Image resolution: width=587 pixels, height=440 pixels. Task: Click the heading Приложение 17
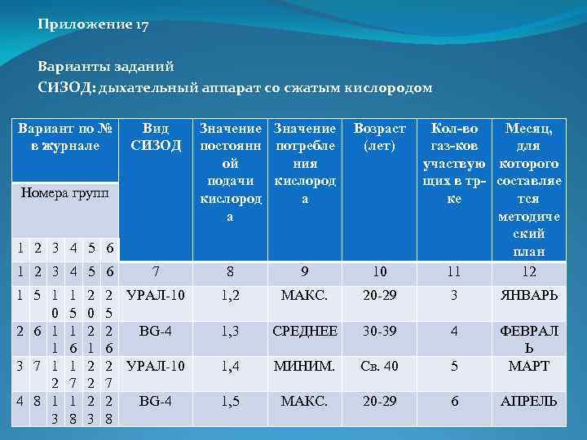[x=93, y=24]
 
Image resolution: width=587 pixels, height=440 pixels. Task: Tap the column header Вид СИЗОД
[x=156, y=137]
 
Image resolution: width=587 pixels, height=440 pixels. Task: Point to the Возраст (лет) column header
[x=379, y=137]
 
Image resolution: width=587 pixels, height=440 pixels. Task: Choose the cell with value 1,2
[x=229, y=296]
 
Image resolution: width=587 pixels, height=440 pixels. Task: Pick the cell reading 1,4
[x=229, y=366]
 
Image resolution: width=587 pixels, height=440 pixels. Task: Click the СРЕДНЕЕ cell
[x=305, y=331]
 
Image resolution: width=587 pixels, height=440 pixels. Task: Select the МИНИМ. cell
[x=305, y=366]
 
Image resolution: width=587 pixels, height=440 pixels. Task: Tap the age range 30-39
[x=379, y=331]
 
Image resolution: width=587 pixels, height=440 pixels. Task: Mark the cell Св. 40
[x=379, y=366]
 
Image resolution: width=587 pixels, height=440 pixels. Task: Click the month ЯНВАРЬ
[x=528, y=296]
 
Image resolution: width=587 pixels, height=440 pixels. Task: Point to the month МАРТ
[x=528, y=366]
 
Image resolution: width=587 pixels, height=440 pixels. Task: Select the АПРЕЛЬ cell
[x=528, y=401]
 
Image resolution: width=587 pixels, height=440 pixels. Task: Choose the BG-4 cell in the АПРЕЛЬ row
[x=156, y=401]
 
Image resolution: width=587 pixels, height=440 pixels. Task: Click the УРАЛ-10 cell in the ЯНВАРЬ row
[x=156, y=296]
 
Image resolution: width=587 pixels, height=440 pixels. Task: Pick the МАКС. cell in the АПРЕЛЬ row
[x=305, y=401]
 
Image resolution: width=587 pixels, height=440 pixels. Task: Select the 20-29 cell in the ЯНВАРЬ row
[x=379, y=296]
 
